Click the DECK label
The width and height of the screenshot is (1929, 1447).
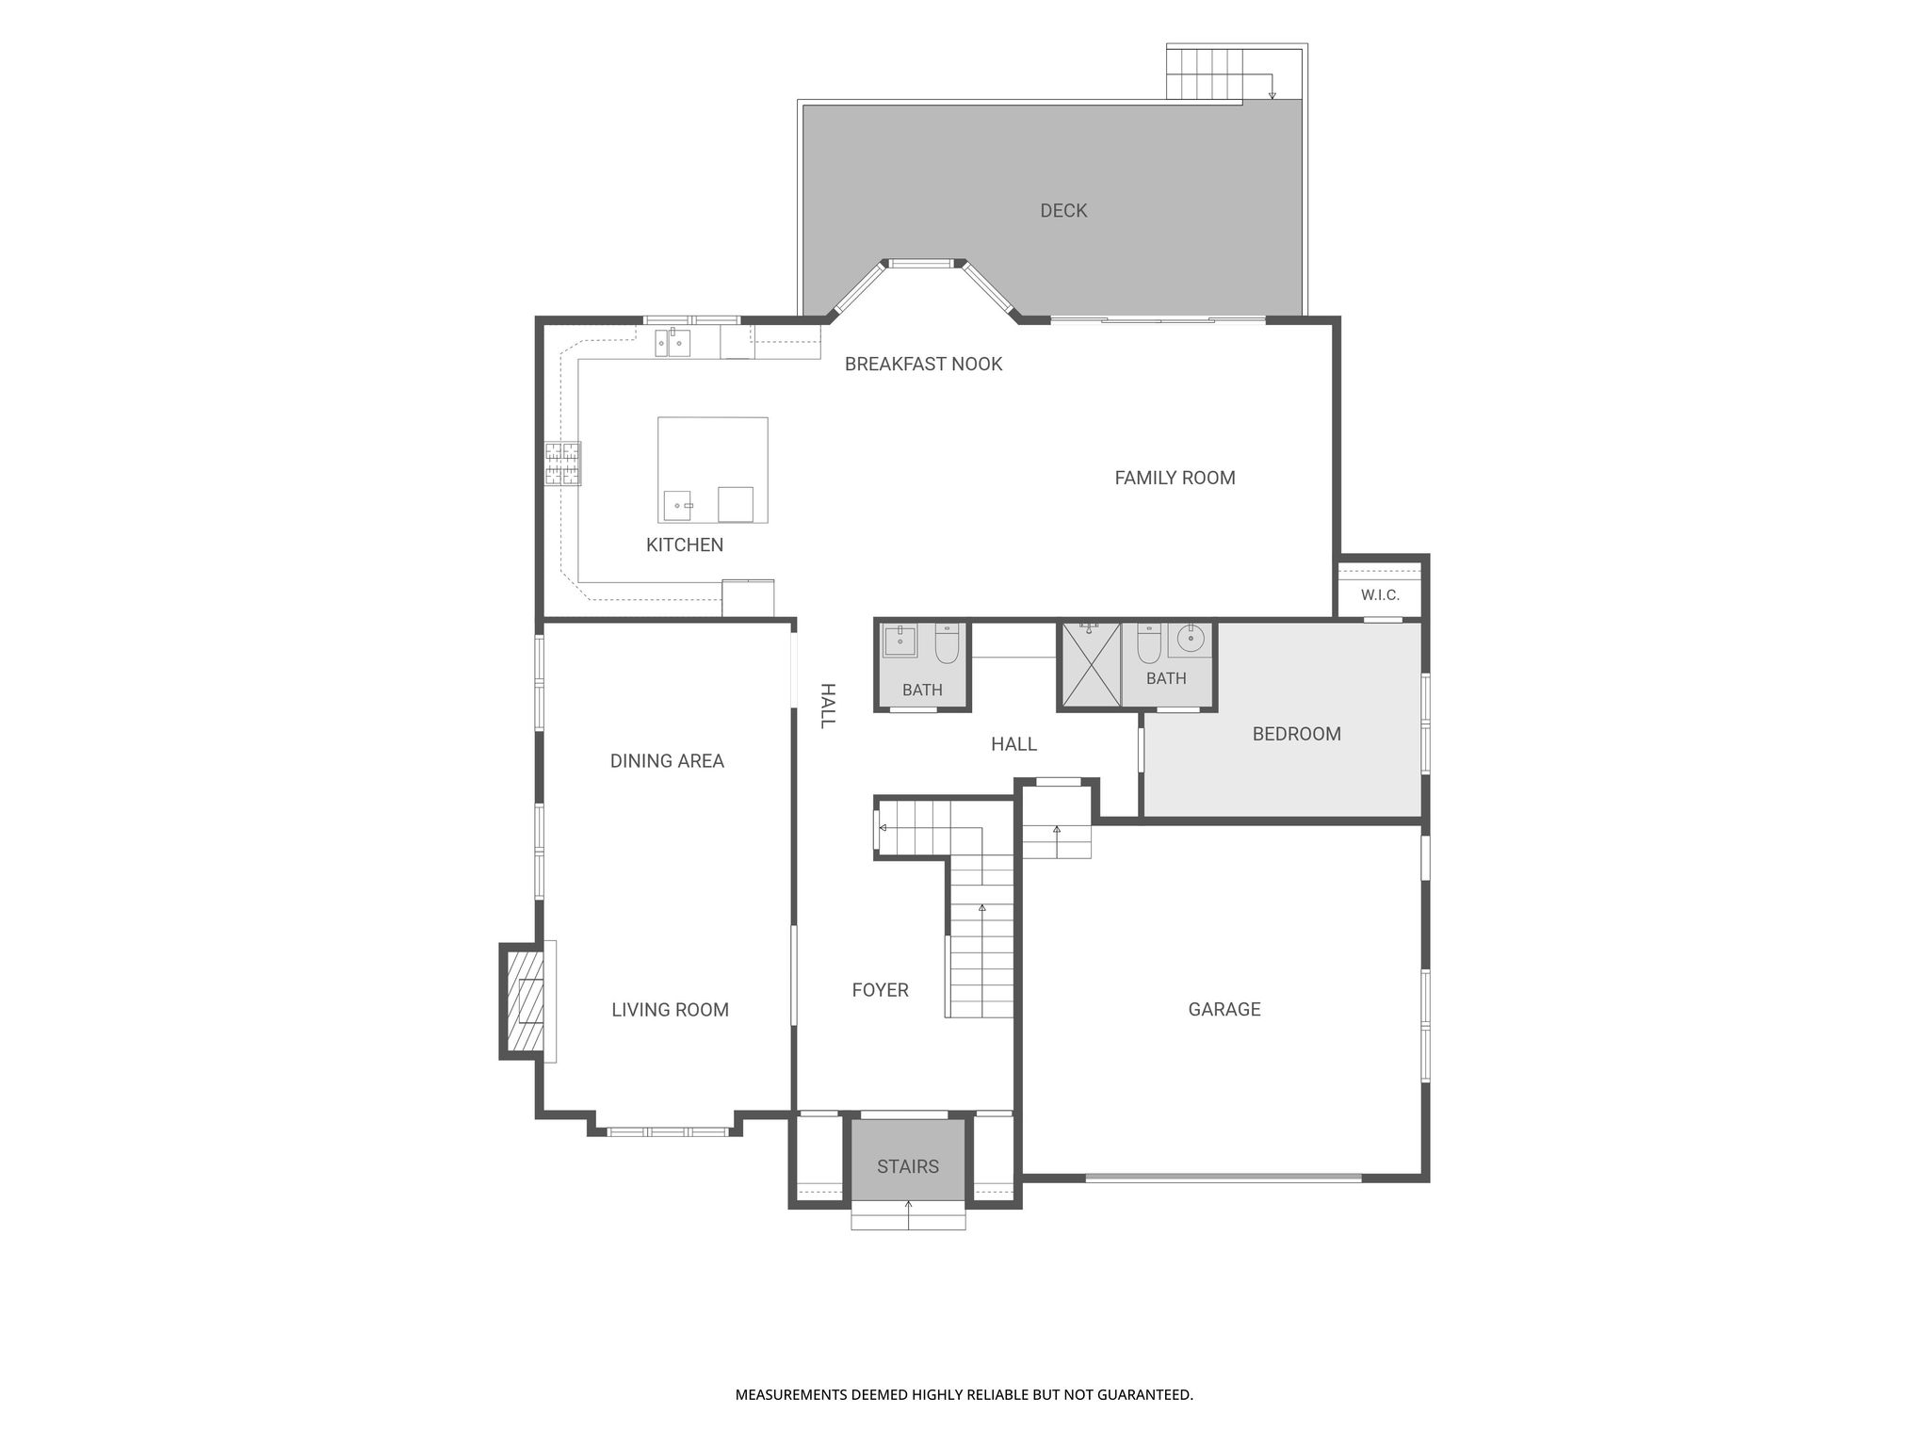(1063, 211)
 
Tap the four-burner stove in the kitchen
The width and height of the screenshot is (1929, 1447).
(562, 463)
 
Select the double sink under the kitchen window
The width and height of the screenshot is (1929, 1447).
(673, 343)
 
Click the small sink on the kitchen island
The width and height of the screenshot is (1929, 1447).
(678, 506)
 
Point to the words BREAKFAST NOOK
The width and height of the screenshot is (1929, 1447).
(923, 365)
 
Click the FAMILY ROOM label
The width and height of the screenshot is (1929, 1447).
(1175, 478)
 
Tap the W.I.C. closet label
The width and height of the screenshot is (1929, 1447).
(1380, 595)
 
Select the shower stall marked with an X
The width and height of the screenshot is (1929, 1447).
(1091, 664)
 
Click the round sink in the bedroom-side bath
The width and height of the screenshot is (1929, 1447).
(1191, 639)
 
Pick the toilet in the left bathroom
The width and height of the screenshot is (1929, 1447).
(947, 642)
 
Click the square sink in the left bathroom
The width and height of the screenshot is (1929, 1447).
(900, 641)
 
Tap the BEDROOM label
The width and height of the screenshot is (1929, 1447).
(1296, 734)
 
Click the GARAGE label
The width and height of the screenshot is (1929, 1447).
(1224, 1010)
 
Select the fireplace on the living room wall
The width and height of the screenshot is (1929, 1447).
(526, 1001)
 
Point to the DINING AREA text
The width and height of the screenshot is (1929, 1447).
(667, 761)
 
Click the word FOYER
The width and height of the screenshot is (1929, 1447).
(880, 990)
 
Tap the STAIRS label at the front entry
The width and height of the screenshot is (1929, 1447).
(908, 1166)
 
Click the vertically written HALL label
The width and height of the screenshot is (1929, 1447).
(827, 706)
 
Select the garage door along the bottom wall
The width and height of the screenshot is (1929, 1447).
(1224, 1178)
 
